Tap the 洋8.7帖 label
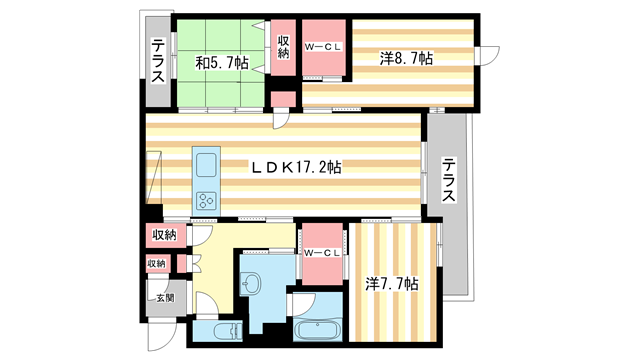pyautogui.click(x=405, y=59)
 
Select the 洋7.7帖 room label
pyautogui.click(x=392, y=284)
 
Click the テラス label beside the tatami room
pyautogui.click(x=159, y=61)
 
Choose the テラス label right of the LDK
pyautogui.click(x=449, y=180)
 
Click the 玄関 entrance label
pyautogui.click(x=162, y=297)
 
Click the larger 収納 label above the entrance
pyautogui.click(x=164, y=235)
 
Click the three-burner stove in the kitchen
pyautogui.click(x=207, y=199)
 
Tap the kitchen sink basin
pyautogui.click(x=207, y=165)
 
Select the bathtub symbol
pyautogui.click(x=318, y=330)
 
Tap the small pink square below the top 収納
pyautogui.click(x=282, y=99)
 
